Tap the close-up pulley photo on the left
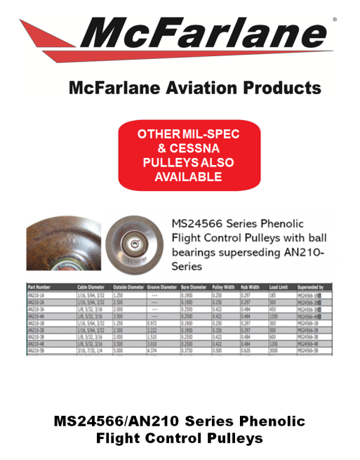(65, 242)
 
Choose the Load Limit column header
(279, 287)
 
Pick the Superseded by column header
(313, 287)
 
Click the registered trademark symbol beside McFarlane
(334, 20)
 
